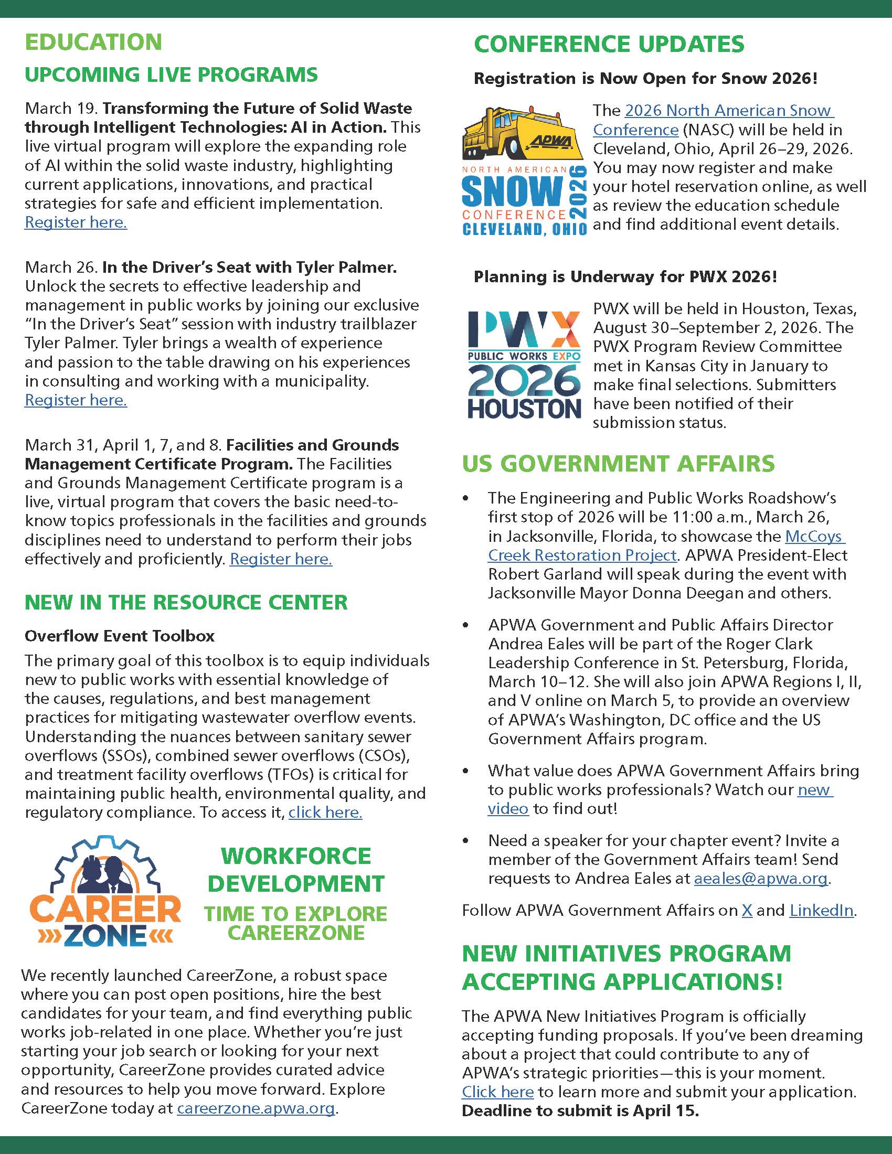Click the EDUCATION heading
93,42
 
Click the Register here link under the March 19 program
76,222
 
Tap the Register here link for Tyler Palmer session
76,400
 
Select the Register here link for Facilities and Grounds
281,559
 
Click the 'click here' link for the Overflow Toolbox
325,812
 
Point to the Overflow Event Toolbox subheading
120,635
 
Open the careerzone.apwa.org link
256,1107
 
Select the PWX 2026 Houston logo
524,365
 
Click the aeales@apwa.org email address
760,878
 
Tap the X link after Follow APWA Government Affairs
747,910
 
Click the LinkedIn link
821,910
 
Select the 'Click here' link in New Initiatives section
497,1092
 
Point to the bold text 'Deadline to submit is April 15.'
580,1110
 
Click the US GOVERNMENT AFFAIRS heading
618,464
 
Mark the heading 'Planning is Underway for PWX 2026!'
625,276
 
